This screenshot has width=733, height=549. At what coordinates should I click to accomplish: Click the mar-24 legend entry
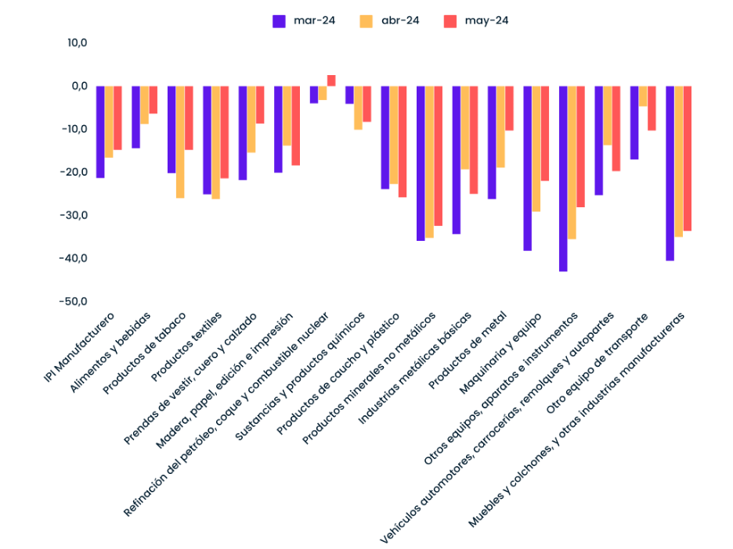(304, 21)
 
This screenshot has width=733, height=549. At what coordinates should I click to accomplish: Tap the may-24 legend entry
(475, 21)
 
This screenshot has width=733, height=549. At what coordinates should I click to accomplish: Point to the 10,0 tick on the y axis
(77, 42)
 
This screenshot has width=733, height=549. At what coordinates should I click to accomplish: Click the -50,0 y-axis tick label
(74, 301)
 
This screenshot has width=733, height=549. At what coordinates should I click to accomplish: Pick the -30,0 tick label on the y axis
(74, 215)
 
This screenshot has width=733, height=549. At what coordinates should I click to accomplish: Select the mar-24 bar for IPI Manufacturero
(100, 131)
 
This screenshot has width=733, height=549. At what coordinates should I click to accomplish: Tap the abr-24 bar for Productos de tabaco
(180, 142)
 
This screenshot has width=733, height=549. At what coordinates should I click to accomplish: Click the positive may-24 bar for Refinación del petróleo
(331, 81)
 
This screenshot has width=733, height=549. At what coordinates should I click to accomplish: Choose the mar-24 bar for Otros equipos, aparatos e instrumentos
(563, 178)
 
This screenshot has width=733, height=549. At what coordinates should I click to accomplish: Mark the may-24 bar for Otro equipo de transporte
(652, 108)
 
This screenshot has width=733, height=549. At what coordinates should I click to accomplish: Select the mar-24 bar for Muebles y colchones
(670, 173)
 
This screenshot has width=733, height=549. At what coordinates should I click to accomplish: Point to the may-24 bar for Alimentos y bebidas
(153, 100)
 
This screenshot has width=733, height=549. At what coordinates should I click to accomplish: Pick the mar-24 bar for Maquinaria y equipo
(527, 168)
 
